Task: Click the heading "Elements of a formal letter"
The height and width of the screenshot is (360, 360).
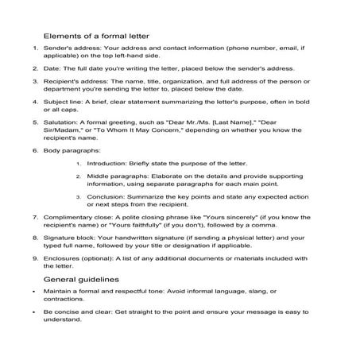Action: [x=95, y=36]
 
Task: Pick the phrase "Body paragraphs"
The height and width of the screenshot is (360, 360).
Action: [x=70, y=151]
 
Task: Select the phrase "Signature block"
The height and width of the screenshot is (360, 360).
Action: [x=68, y=235]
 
